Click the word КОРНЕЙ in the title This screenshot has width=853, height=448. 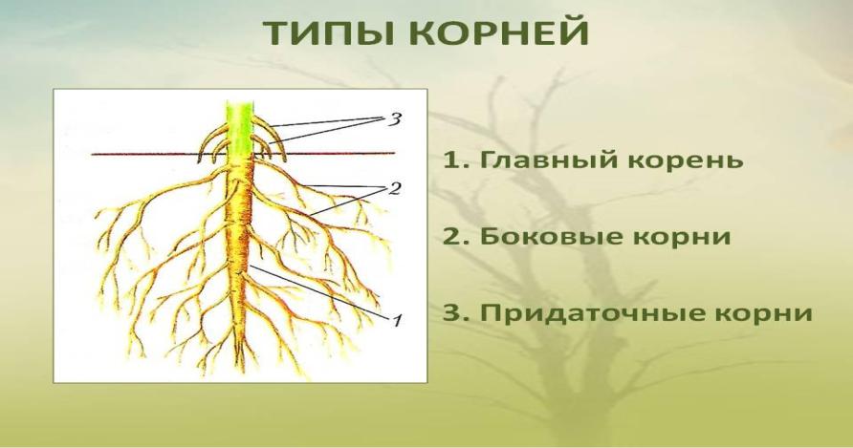(504, 32)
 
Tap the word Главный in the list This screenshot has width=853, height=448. (548, 160)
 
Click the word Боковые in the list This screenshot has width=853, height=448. (551, 237)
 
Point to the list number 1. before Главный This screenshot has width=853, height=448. (455, 160)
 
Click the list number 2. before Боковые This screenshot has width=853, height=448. (456, 237)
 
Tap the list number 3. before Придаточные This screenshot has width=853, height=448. (456, 313)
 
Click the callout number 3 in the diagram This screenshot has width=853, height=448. (394, 119)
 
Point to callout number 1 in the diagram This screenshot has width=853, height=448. (397, 320)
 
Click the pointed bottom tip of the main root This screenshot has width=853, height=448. (239, 363)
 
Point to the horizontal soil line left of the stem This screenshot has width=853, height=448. (159, 155)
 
